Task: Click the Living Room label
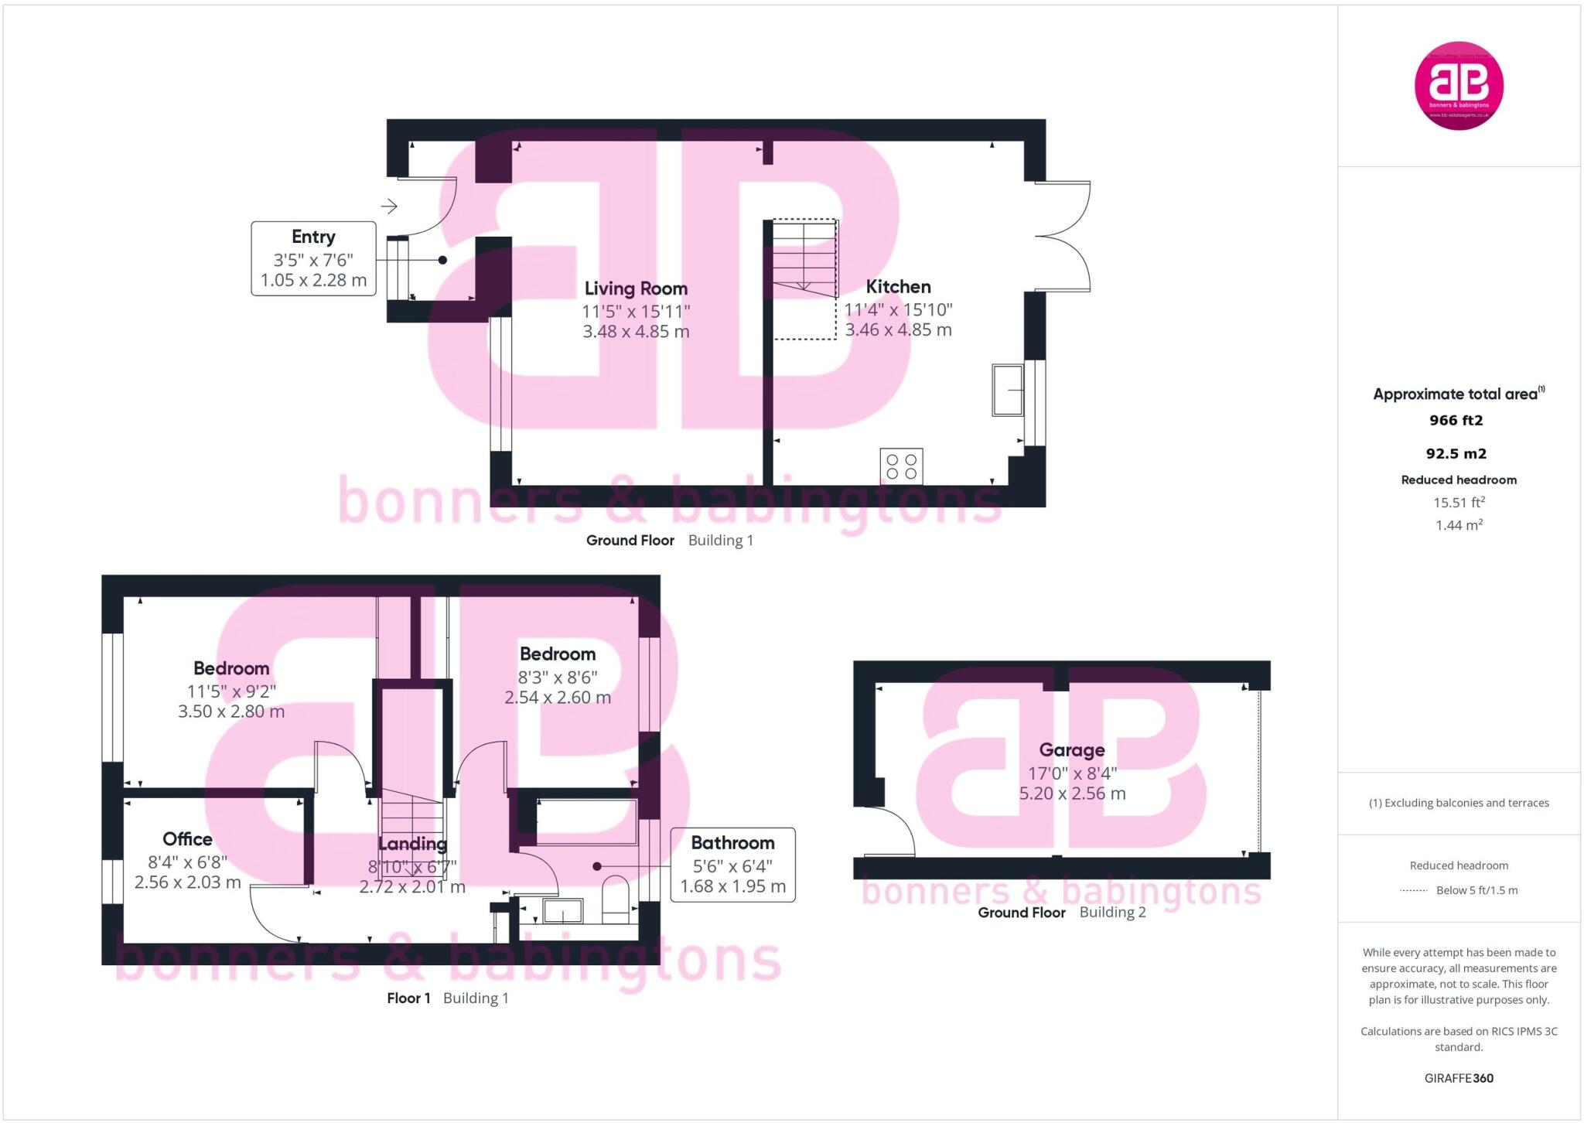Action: pyautogui.click(x=636, y=288)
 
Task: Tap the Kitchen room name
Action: pyautogui.click(x=898, y=287)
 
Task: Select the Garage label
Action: pyautogui.click(x=1071, y=749)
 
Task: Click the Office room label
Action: pyautogui.click(x=187, y=839)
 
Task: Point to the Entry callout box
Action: pyautogui.click(x=313, y=258)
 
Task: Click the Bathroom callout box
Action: pyautogui.click(x=732, y=864)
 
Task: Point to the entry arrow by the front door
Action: pyautogui.click(x=389, y=207)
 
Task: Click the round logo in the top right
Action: pyautogui.click(x=1459, y=85)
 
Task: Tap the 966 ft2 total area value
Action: pyautogui.click(x=1456, y=421)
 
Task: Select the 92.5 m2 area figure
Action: pyautogui.click(x=1456, y=454)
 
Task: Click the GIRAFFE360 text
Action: pyautogui.click(x=1459, y=1078)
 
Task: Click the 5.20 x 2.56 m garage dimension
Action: pyautogui.click(x=1072, y=794)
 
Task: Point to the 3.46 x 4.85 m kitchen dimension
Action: pyautogui.click(x=898, y=330)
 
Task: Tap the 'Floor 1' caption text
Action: pyautogui.click(x=408, y=998)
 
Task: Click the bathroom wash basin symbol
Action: pyautogui.click(x=562, y=911)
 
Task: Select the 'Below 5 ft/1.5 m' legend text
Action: pyautogui.click(x=1476, y=890)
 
